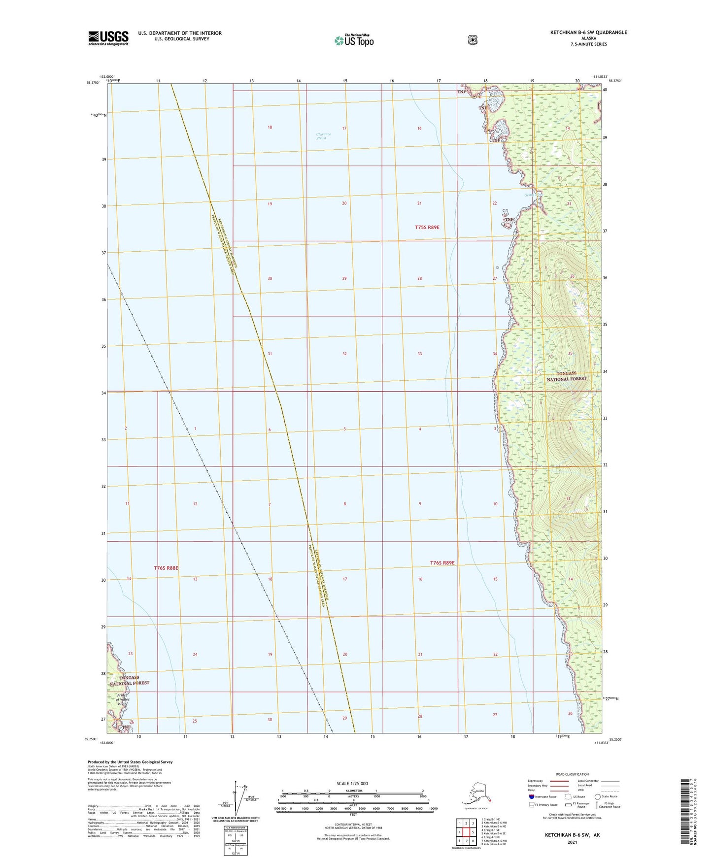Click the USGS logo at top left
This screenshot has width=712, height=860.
(108, 38)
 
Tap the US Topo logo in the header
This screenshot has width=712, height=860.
(354, 40)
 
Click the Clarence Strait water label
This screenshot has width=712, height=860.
(324, 136)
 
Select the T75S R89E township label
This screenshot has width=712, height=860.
(427, 227)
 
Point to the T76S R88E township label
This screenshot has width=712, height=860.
(166, 568)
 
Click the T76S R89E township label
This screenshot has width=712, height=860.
(442, 562)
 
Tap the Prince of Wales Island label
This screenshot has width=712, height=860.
(122, 699)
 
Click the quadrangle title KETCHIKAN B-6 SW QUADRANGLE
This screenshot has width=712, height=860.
(588, 33)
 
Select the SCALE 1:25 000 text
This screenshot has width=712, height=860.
(352, 784)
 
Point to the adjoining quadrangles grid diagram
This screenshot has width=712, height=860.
(466, 833)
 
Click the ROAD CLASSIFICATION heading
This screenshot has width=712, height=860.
(572, 774)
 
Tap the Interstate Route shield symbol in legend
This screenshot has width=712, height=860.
(531, 796)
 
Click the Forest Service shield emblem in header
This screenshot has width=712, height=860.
(473, 40)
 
